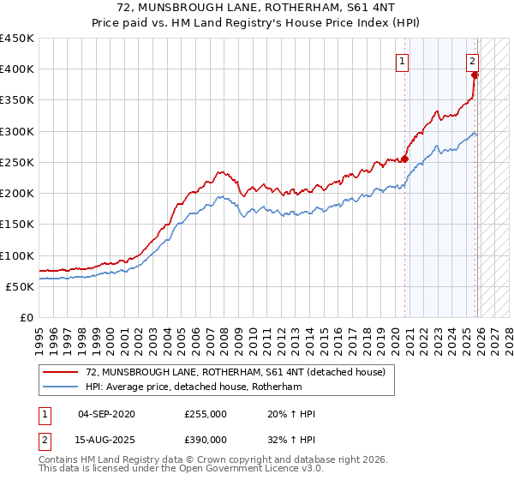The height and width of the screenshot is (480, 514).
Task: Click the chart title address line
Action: (x=257, y=8)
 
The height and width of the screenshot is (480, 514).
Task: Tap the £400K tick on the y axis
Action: (x=17, y=69)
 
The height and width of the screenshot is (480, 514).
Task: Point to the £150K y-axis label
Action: (x=17, y=225)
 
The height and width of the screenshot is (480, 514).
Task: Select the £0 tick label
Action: (x=26, y=318)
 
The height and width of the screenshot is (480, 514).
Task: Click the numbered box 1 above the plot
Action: (x=402, y=61)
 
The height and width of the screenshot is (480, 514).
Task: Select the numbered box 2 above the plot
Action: (x=472, y=61)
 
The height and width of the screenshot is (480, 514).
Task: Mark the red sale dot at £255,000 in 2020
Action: (x=404, y=159)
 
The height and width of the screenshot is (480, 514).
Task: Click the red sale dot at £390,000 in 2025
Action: (x=475, y=75)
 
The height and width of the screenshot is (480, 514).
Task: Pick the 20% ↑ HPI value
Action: (x=291, y=414)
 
